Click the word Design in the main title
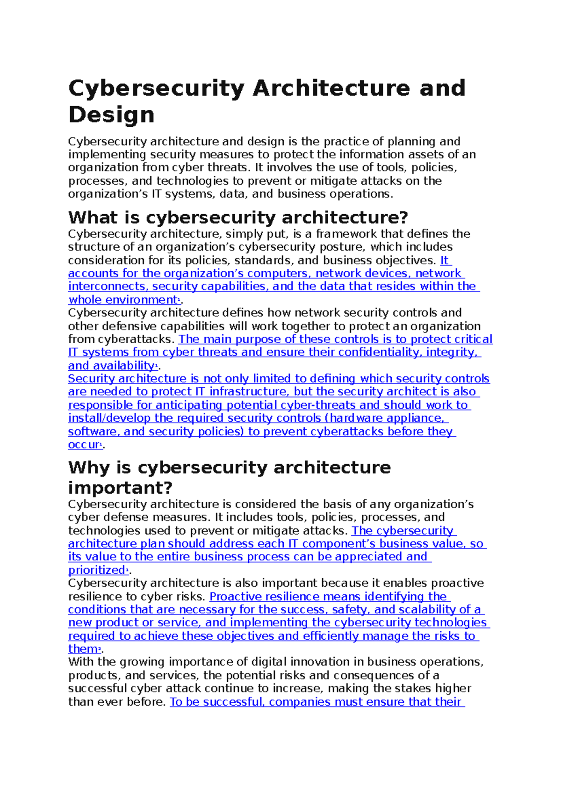[111, 115]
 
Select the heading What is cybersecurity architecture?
[238, 217]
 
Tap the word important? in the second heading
[120, 488]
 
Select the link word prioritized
[96, 570]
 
